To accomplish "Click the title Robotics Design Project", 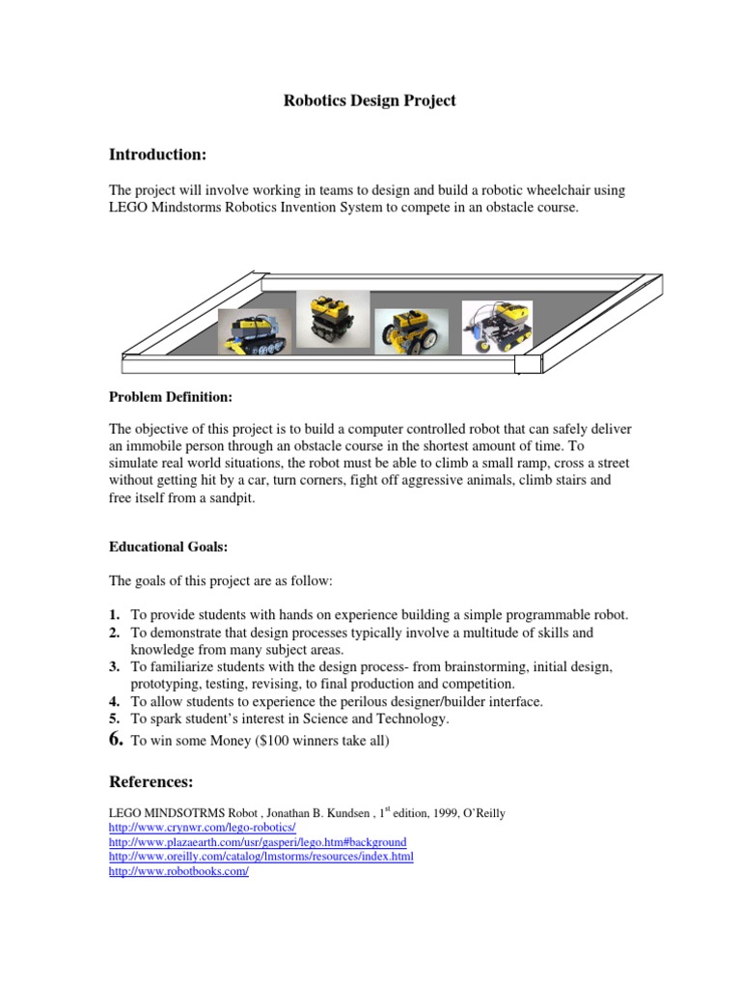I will point(370,100).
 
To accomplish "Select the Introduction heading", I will point(157,155).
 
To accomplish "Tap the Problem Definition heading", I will point(171,397).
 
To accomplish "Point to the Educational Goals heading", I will point(168,547).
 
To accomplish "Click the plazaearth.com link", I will point(258,842).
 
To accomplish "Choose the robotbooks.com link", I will point(179,871).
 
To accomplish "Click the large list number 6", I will point(116,739).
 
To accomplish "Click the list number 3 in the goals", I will point(114,667).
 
